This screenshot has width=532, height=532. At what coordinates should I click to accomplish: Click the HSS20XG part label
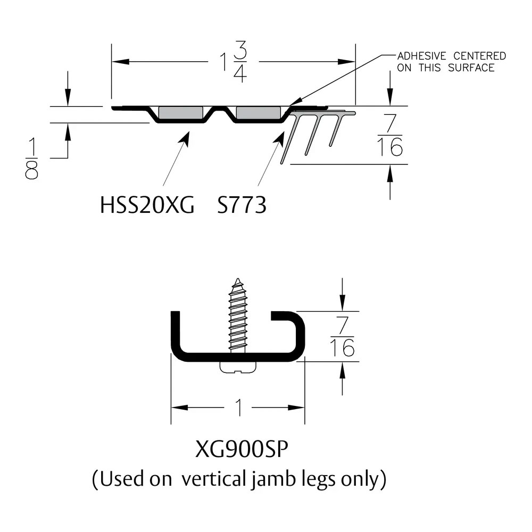tap(147, 205)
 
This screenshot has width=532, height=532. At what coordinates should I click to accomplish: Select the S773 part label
tap(242, 205)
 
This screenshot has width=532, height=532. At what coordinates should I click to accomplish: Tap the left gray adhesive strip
tap(180, 113)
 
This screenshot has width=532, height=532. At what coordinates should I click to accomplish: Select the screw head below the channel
tap(238, 367)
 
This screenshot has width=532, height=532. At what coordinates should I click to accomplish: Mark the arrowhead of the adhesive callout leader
tap(292, 103)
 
